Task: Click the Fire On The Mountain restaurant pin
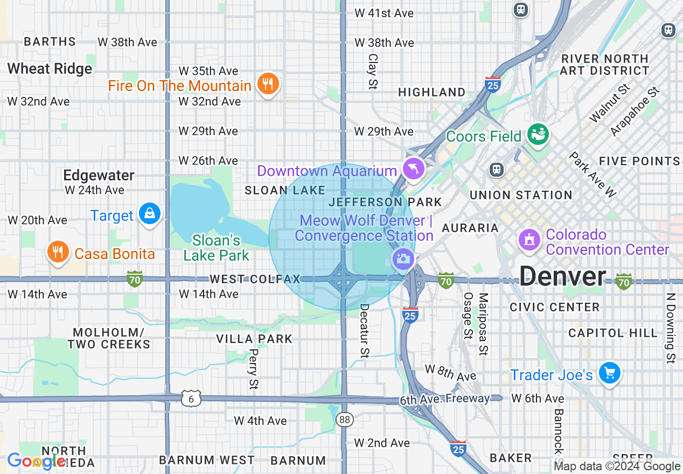pyautogui.click(x=267, y=84)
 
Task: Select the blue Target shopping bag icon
pyautogui.click(x=149, y=214)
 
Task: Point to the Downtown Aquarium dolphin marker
pyautogui.click(x=413, y=169)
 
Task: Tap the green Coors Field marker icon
pyautogui.click(x=537, y=134)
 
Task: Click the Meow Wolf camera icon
pyautogui.click(x=402, y=259)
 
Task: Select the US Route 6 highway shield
pyautogui.click(x=191, y=399)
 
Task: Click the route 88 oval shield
pyautogui.click(x=344, y=419)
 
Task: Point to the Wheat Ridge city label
pyautogui.click(x=50, y=69)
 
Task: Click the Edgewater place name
pyautogui.click(x=99, y=176)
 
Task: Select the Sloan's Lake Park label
pyautogui.click(x=216, y=248)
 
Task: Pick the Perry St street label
pyautogui.click(x=254, y=369)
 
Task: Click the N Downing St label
pyautogui.click(x=670, y=328)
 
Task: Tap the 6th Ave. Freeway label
pyautogui.click(x=444, y=399)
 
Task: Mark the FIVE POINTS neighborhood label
pyautogui.click(x=639, y=161)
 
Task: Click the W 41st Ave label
pyautogui.click(x=384, y=13)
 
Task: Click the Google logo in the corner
pyautogui.click(x=37, y=461)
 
